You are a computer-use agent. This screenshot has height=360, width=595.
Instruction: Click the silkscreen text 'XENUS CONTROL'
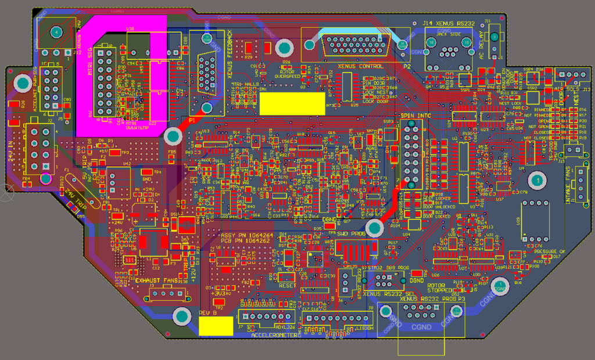coord(364,66)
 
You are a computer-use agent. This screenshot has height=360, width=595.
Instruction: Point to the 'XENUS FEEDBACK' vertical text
coord(230,55)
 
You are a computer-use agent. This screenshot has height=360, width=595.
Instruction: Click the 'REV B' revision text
coord(208,313)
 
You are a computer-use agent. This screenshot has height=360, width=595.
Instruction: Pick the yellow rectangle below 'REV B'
coord(216,326)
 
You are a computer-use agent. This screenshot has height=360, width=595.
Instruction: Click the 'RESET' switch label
coord(287,285)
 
